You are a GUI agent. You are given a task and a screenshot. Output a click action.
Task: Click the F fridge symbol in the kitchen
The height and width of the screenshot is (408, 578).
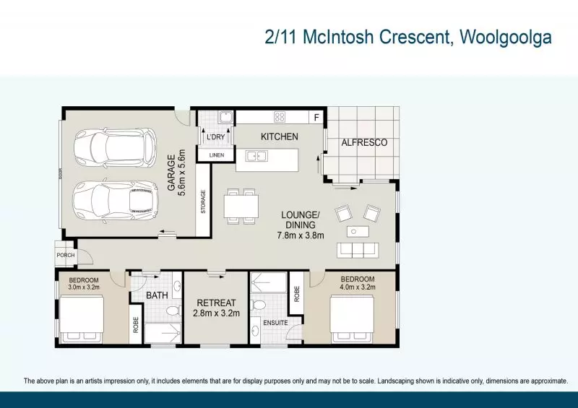[316, 118]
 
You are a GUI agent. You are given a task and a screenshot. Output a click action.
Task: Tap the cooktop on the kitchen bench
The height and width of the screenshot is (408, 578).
[280, 117]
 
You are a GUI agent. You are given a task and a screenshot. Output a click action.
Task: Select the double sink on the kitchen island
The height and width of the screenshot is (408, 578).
[257, 156]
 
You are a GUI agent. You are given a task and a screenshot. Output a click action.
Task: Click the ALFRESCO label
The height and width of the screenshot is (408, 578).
[364, 143]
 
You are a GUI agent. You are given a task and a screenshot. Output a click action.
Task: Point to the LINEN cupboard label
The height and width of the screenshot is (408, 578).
[217, 155]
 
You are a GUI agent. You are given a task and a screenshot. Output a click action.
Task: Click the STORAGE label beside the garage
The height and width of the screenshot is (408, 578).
[203, 201]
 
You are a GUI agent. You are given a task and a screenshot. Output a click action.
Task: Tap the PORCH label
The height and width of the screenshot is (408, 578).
[66, 255]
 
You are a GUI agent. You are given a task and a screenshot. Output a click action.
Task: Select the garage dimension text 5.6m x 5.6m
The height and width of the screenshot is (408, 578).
[181, 173]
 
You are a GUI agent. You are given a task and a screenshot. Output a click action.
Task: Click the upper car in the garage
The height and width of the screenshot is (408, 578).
[115, 147]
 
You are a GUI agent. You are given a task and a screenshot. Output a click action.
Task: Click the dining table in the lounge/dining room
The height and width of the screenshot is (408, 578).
[241, 207]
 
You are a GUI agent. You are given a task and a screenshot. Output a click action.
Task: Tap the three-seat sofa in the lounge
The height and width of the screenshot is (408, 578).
[358, 251]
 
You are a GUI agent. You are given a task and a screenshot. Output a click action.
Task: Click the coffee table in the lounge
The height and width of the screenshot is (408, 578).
[358, 232]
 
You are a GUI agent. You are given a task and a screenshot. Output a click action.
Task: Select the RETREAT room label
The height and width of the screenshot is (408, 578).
[216, 303]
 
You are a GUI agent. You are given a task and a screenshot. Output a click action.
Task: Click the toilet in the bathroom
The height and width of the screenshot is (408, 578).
[173, 311]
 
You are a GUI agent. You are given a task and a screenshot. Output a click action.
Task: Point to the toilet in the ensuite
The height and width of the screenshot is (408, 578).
[259, 305]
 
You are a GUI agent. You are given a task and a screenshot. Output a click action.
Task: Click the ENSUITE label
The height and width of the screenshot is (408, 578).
[276, 323]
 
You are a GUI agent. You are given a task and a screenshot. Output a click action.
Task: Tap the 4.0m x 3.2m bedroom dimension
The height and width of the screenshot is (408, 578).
[358, 287]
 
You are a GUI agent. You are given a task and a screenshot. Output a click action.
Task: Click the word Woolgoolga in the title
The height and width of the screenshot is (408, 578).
[506, 38]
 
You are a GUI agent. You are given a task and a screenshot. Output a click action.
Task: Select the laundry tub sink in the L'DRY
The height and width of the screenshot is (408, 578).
[225, 117]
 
